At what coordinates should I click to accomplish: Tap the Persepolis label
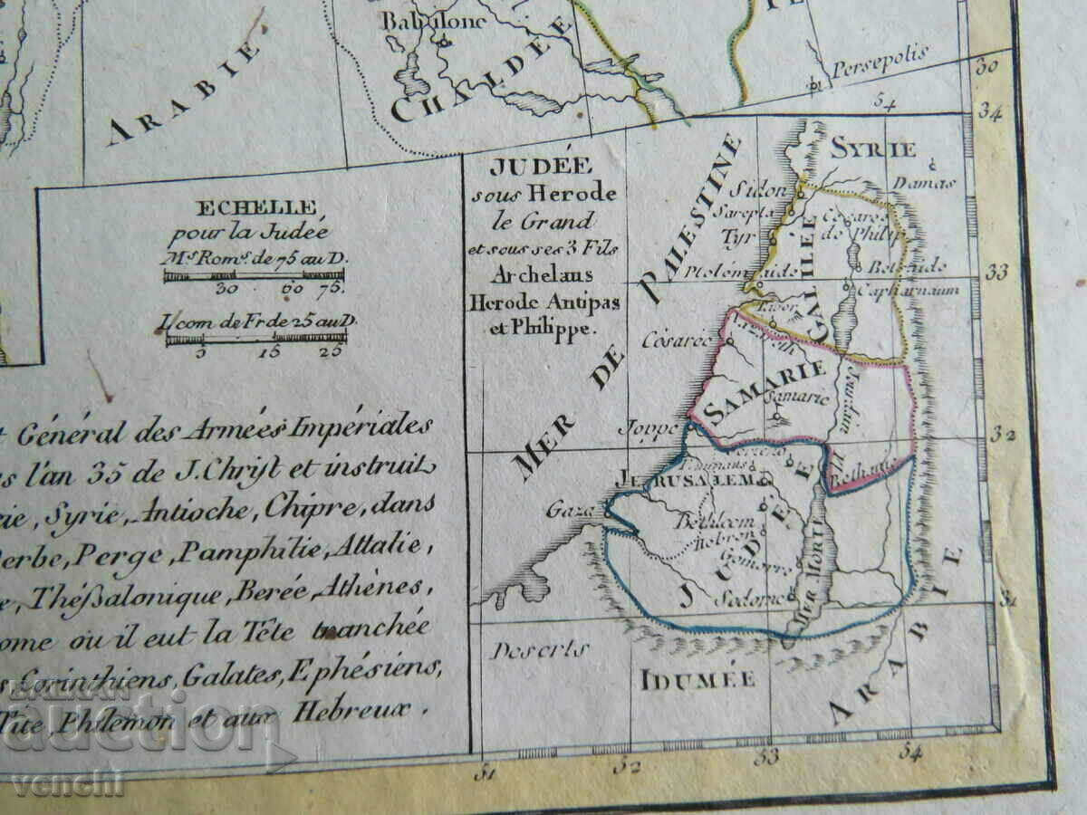868,54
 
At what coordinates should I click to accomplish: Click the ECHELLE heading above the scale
257,207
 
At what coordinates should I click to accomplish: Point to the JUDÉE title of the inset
541,166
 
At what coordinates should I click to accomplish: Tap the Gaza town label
564,511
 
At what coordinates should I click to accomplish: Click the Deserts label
539,649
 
